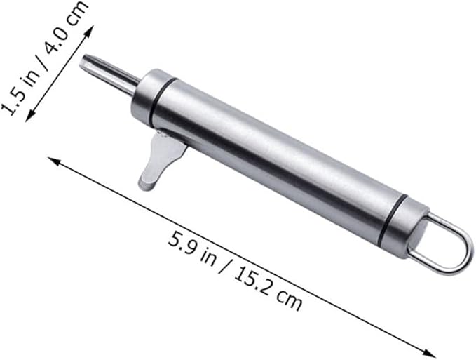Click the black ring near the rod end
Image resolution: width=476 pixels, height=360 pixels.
[x=163, y=102]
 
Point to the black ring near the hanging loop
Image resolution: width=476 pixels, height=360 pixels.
[x=393, y=219]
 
